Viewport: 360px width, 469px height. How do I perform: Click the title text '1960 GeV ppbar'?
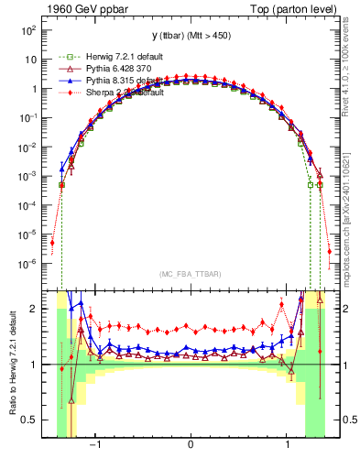click(81, 8)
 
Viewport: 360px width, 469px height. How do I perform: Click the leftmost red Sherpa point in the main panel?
click(52, 243)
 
